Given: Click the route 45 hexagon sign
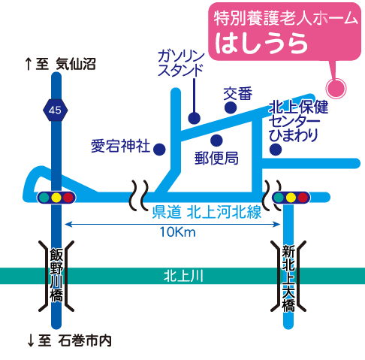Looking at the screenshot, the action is [55, 110].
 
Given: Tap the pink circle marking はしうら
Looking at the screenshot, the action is [336, 89].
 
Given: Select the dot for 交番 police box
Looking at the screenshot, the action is [231, 107].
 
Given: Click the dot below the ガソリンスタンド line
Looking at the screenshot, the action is [195, 118].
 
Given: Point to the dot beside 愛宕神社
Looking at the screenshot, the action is [159, 150].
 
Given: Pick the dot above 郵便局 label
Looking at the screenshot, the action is [216, 141].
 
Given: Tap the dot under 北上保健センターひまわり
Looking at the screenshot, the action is [276, 150].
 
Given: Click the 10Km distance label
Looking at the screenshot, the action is [177, 232].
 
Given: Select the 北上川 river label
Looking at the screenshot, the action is [183, 276].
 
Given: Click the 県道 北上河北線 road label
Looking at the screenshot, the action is [207, 213].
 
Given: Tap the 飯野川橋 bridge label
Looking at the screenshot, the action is [56, 275].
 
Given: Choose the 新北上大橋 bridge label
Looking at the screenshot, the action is [288, 278].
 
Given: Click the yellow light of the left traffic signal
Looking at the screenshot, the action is [56, 198].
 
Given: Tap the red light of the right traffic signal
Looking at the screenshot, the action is [303, 198].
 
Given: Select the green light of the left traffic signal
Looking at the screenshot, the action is [44, 198].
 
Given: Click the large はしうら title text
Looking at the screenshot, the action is [261, 44].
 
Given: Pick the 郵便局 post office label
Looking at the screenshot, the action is [216, 159].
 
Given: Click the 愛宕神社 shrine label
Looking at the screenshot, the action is [120, 146].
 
